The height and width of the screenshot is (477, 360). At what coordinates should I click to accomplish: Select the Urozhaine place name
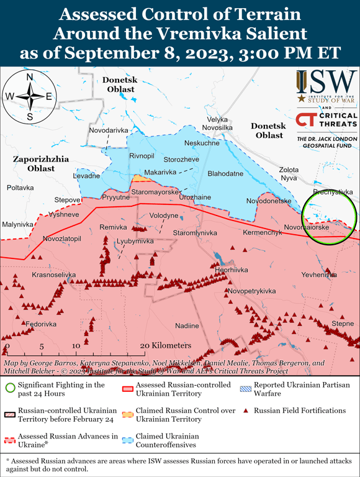click(195, 197)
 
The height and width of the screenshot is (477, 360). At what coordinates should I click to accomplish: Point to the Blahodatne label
click(225, 174)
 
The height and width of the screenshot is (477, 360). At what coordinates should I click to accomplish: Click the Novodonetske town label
click(269, 201)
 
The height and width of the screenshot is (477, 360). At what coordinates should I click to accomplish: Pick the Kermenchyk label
click(262, 232)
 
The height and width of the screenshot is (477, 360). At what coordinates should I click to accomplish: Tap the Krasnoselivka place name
click(53, 275)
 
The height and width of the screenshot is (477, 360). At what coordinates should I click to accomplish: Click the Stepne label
click(343, 324)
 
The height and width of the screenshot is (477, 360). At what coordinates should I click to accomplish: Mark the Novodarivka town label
click(109, 130)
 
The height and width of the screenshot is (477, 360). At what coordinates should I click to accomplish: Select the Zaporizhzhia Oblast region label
click(41, 164)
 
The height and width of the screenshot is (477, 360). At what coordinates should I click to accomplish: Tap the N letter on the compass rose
click(30, 77)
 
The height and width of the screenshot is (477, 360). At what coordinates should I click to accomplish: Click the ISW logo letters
click(325, 81)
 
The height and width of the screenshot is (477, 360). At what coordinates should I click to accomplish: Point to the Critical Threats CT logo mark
click(307, 120)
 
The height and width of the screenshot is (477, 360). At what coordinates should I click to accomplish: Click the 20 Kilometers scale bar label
click(164, 345)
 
